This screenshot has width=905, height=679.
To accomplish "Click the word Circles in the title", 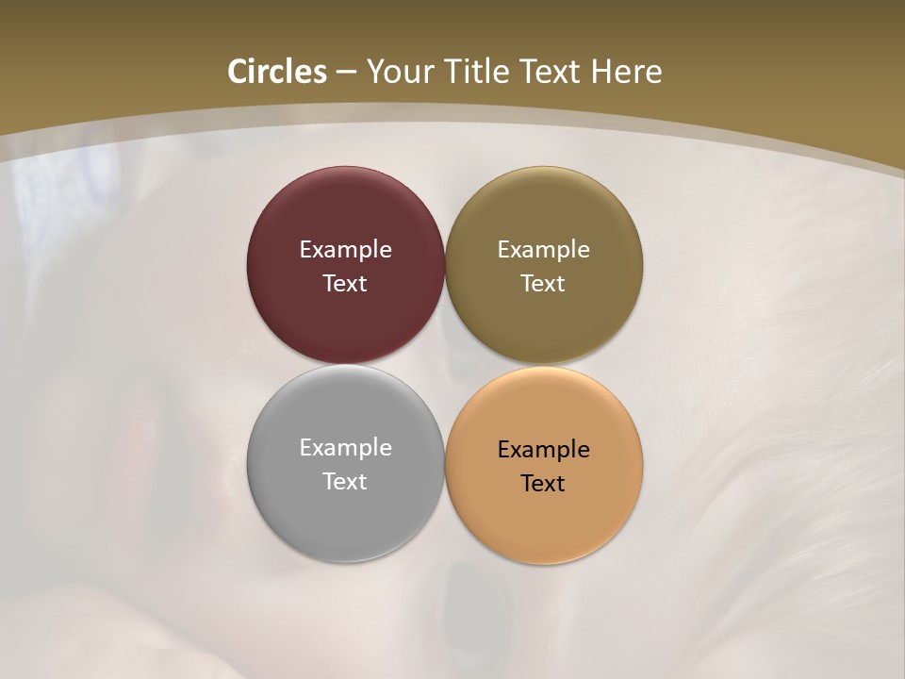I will click(x=277, y=72).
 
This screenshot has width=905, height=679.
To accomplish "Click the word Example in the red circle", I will click(x=345, y=250).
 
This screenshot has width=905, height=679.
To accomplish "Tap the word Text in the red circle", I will click(x=345, y=284).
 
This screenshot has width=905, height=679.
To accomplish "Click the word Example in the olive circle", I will click(x=544, y=250).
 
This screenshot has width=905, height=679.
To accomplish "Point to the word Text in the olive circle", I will click(x=544, y=284).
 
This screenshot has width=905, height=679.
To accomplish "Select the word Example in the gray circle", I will click(x=345, y=448).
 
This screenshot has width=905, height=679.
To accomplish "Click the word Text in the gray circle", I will click(x=345, y=482).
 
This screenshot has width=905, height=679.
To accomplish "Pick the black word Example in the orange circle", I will click(x=544, y=450).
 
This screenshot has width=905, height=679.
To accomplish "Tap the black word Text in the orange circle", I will click(x=544, y=484).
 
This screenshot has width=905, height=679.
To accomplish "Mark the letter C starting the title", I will click(x=238, y=72).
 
